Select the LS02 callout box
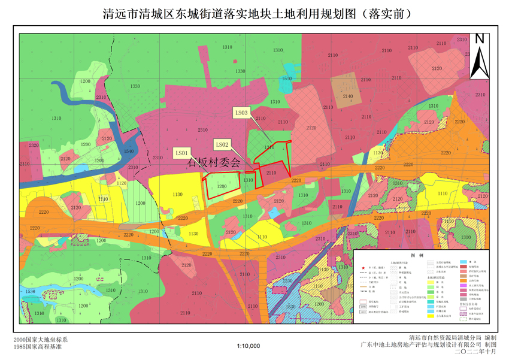223,144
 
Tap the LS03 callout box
242,112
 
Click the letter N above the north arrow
479,39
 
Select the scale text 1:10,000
249,346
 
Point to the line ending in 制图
428,345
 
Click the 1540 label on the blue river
128,152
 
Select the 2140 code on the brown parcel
348,96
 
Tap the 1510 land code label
287,78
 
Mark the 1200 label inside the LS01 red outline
222,187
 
